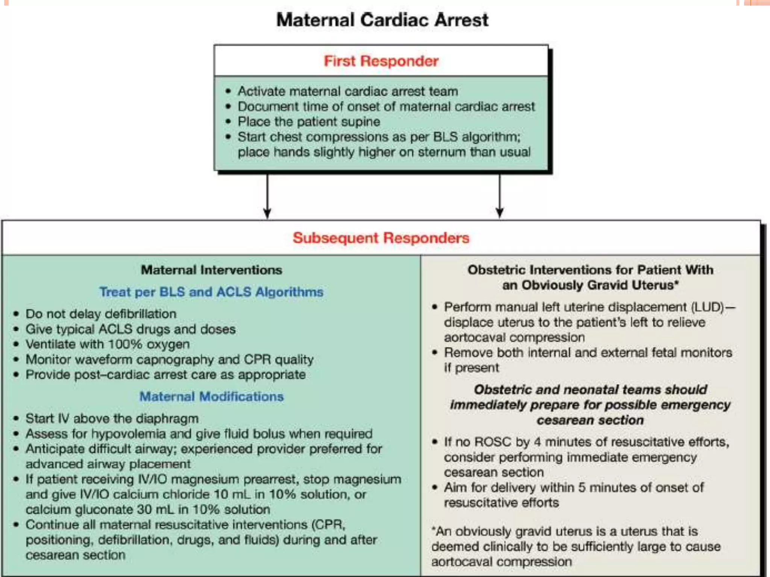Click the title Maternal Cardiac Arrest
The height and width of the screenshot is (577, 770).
click(382, 20)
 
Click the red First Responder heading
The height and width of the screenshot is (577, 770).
click(381, 61)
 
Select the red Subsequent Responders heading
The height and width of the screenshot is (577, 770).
click(381, 238)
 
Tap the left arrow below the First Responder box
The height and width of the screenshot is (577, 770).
click(267, 195)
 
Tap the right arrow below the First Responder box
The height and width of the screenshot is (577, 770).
click(499, 195)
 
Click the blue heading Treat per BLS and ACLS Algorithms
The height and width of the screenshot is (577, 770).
click(211, 292)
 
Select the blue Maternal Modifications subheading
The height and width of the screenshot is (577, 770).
click(211, 396)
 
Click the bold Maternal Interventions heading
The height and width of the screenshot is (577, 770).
click(211, 270)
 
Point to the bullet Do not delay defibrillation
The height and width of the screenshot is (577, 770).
click(101, 314)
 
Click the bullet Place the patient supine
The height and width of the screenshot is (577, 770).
click(309, 122)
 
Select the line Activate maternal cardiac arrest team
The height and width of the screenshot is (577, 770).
click(348, 91)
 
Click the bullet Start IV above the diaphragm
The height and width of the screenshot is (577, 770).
click(112, 418)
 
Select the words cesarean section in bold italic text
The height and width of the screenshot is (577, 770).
click(590, 420)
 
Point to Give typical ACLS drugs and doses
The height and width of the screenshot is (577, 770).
click(130, 329)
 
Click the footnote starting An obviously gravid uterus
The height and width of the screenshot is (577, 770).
click(575, 546)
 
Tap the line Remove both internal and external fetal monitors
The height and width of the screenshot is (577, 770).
click(588, 352)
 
